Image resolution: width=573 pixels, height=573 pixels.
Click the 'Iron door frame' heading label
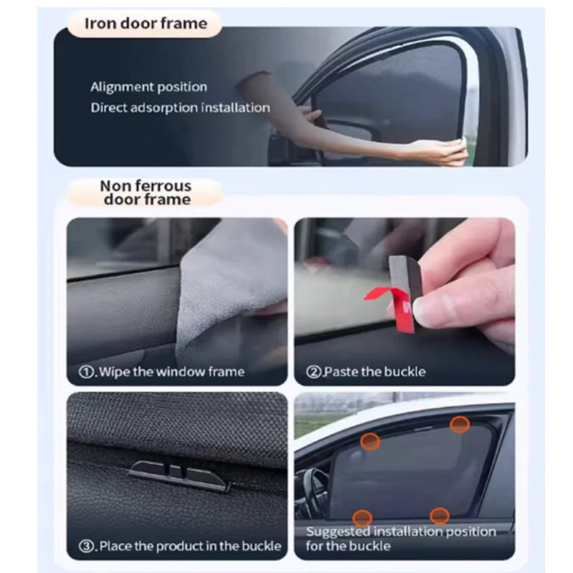(145, 24)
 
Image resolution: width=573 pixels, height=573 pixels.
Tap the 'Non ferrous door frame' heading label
(146, 193)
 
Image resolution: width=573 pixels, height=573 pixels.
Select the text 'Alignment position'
(149, 87)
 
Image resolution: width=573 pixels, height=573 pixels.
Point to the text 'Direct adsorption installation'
(180, 108)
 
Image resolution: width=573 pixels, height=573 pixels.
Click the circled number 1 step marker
(86, 372)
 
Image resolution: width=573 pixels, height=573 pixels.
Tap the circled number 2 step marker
(314, 372)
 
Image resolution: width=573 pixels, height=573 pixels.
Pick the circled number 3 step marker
(86, 546)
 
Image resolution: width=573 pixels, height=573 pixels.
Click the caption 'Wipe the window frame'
(172, 372)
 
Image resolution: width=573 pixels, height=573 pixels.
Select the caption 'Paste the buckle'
(375, 372)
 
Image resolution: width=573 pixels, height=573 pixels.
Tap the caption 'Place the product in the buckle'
(190, 546)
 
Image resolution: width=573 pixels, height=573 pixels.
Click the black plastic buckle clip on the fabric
(179, 475)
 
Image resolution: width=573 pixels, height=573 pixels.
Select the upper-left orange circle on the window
(370, 441)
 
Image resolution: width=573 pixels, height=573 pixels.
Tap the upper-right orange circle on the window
(460, 425)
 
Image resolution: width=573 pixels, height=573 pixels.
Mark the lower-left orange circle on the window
(362, 518)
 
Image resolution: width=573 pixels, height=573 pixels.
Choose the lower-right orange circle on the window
(439, 516)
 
